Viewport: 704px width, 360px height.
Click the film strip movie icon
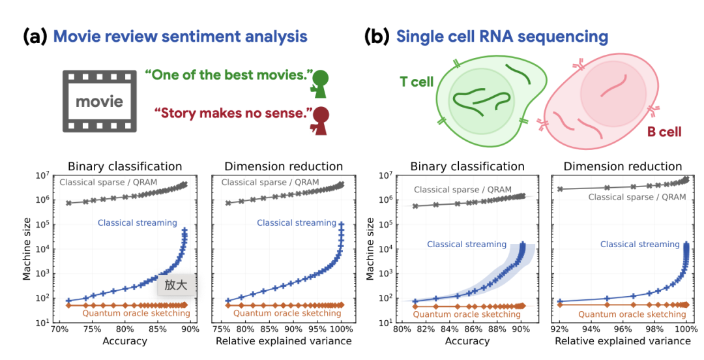(99, 102)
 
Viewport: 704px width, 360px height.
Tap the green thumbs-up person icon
(320, 83)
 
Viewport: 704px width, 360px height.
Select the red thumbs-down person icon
(320, 120)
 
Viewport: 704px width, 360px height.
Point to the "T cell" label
(418, 83)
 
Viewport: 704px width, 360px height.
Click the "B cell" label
(664, 132)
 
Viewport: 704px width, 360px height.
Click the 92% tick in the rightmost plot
(560, 330)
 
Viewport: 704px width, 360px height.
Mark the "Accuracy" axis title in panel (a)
(125, 341)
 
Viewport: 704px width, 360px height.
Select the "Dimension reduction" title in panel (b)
(623, 166)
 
